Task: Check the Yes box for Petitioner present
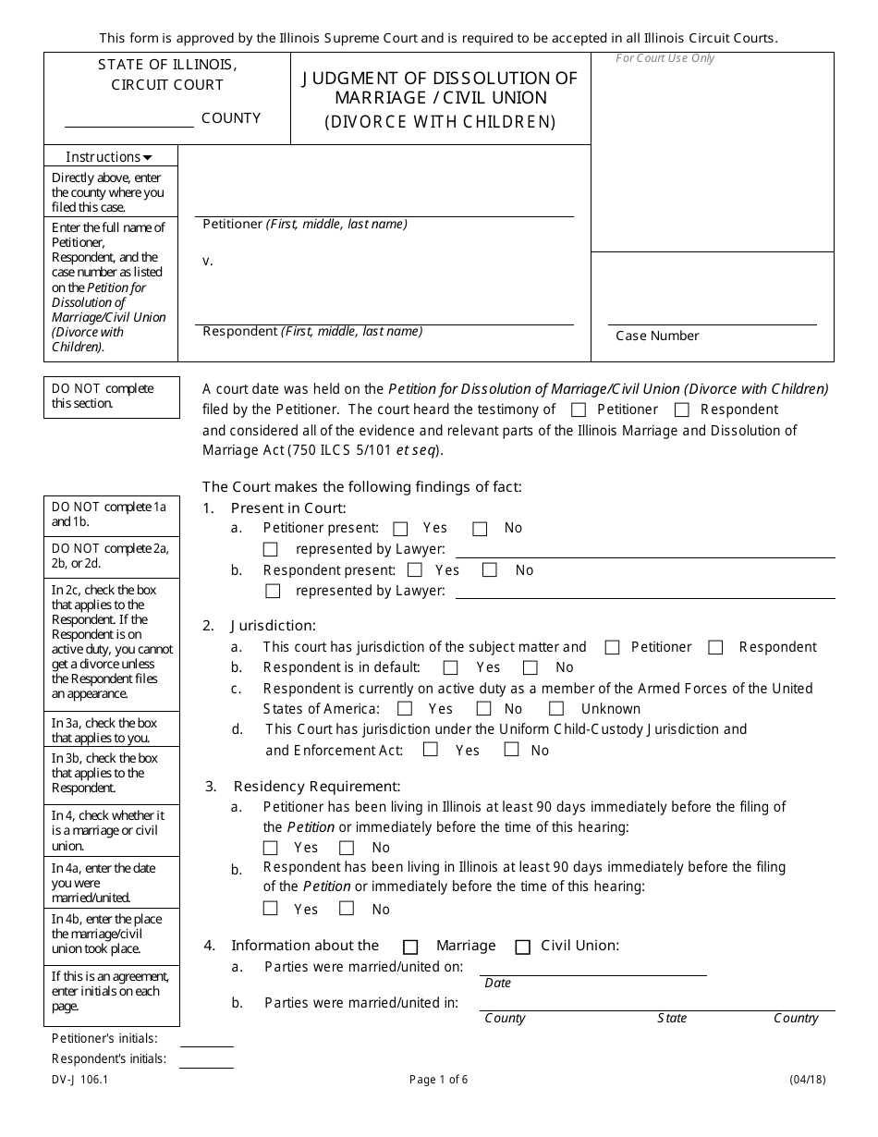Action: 400,529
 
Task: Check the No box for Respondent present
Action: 490,570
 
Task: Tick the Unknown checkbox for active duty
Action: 556,709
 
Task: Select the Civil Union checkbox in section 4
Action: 523,947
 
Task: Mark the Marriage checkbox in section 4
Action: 410,947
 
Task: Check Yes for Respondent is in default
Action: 451,667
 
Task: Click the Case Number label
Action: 657,336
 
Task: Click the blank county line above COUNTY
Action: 128,120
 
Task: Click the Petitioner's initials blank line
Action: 206,1040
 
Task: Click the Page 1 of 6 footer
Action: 439,1080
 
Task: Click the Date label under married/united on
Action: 497,983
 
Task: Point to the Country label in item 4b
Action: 796,1018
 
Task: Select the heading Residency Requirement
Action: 317,787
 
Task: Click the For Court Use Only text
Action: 665,58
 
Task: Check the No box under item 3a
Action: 347,848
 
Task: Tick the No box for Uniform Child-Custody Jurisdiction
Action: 511,750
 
